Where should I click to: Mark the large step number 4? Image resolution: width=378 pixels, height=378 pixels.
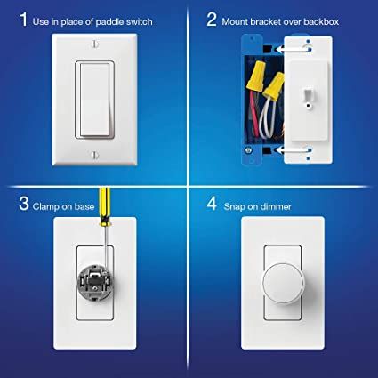pyautogui.click(x=212, y=207)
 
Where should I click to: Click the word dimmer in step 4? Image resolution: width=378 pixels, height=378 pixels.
pyautogui.click(x=277, y=207)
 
